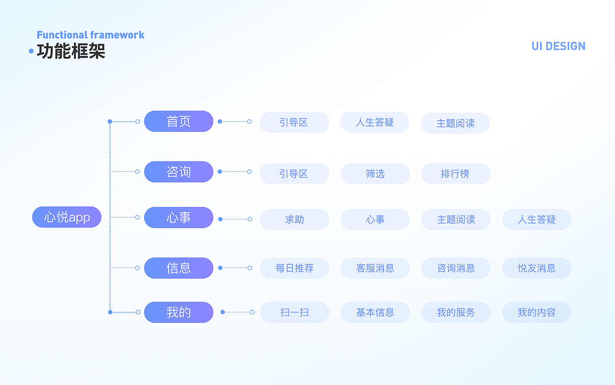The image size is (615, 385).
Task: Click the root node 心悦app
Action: tap(67, 217)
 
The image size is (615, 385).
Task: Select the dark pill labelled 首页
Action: tap(178, 121)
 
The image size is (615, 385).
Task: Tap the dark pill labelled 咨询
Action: tap(178, 172)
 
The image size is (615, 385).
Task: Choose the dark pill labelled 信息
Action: tap(178, 268)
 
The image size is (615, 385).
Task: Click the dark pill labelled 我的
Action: tap(178, 312)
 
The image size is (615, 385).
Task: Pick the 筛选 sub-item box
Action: tap(375, 174)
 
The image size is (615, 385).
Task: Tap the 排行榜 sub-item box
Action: tap(456, 174)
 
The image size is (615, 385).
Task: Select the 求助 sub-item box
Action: tap(295, 219)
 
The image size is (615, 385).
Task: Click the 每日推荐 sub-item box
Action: tap(295, 268)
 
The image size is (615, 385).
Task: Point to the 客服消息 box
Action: tap(375, 268)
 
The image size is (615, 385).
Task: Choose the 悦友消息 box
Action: tap(537, 268)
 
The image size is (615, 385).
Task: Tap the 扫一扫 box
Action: tap(295, 312)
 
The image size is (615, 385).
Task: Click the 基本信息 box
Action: tap(375, 312)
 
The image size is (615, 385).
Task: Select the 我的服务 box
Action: tap(456, 312)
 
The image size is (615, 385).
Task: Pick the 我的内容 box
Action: tap(537, 312)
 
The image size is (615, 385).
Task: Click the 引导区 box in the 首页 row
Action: tap(295, 122)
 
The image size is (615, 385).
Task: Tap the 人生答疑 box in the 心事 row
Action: tap(537, 219)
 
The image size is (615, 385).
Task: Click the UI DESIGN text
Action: tap(558, 46)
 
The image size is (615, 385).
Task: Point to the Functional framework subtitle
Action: tap(90, 35)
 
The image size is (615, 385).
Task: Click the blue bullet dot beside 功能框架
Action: tap(31, 51)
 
